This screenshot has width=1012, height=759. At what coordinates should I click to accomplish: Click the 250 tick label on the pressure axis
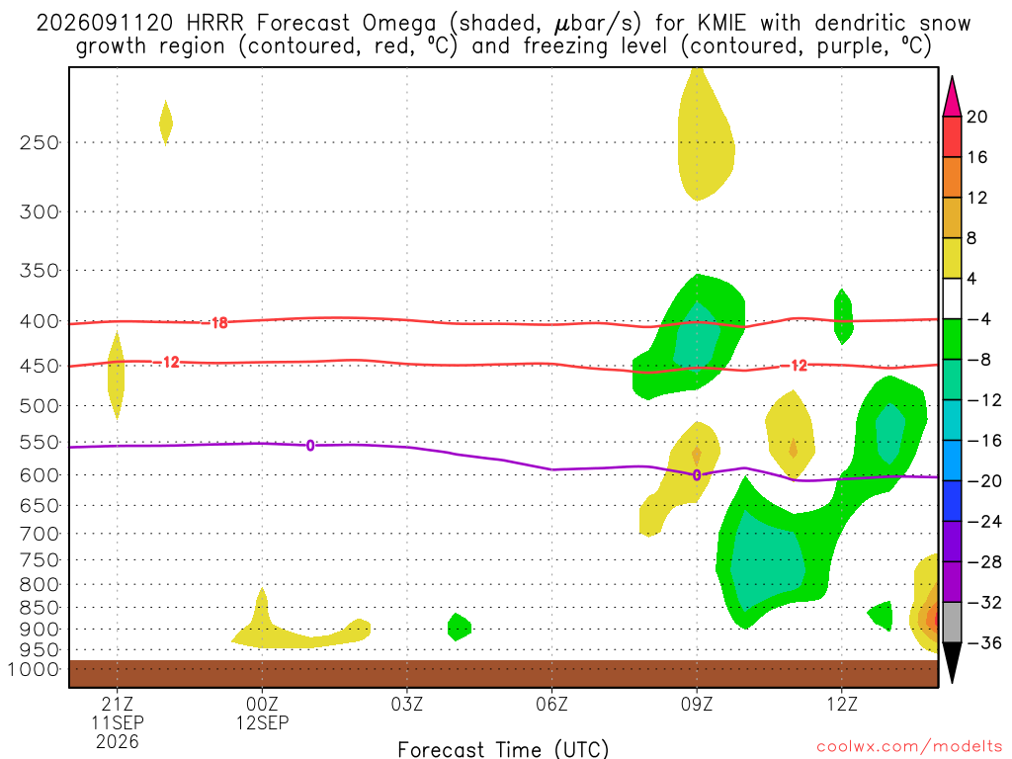[x=39, y=142]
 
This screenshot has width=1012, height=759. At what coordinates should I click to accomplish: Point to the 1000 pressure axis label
[x=33, y=669]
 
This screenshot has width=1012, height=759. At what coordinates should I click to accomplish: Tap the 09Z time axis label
[x=697, y=704]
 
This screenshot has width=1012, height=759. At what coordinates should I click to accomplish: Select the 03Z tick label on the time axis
[x=407, y=704]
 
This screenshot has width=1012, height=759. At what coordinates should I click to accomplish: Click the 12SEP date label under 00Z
[x=262, y=722]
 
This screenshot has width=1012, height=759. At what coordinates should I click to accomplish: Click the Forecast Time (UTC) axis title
[x=503, y=749]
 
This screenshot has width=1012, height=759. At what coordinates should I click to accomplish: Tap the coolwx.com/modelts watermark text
[x=909, y=747]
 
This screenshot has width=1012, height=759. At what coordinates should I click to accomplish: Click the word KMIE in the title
[x=721, y=24]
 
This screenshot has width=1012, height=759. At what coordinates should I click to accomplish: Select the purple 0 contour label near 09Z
[x=697, y=475]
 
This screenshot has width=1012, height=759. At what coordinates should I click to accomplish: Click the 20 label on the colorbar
[x=977, y=117]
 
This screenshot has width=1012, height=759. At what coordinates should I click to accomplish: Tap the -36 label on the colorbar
[x=984, y=642]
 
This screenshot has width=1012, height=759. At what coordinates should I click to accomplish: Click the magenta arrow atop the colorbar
[x=952, y=96]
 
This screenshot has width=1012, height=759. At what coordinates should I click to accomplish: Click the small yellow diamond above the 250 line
[x=166, y=123]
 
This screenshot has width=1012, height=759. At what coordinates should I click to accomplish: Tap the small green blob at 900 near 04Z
[x=459, y=627]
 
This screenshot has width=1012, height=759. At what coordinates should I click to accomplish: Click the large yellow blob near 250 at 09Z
[x=705, y=134]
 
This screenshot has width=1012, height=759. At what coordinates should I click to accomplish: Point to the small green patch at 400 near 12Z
[x=844, y=316]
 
